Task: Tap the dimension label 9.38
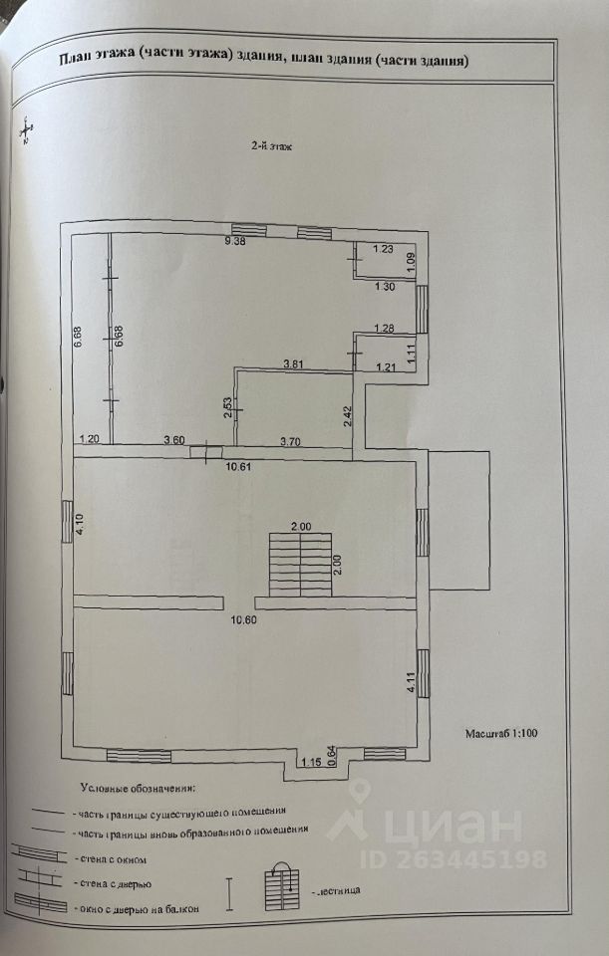coord(235,242)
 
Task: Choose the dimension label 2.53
coord(228,409)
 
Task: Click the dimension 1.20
coord(91,439)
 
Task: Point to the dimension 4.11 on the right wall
coord(410,683)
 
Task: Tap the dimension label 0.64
coord(331,756)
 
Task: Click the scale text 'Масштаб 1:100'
coord(501,735)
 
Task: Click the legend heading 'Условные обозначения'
coord(139,789)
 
